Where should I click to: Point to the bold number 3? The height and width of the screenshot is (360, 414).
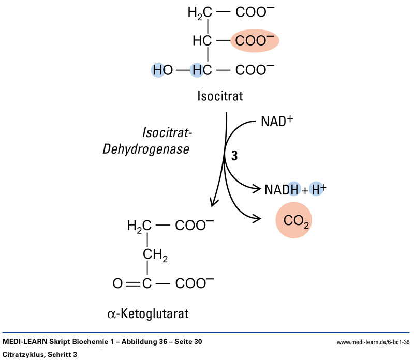click(x=234, y=157)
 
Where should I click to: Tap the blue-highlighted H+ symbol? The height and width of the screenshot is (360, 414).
click(x=317, y=190)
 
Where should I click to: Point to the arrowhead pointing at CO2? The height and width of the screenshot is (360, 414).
click(x=255, y=219)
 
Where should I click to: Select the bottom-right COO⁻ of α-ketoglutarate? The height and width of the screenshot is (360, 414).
click(x=195, y=283)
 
